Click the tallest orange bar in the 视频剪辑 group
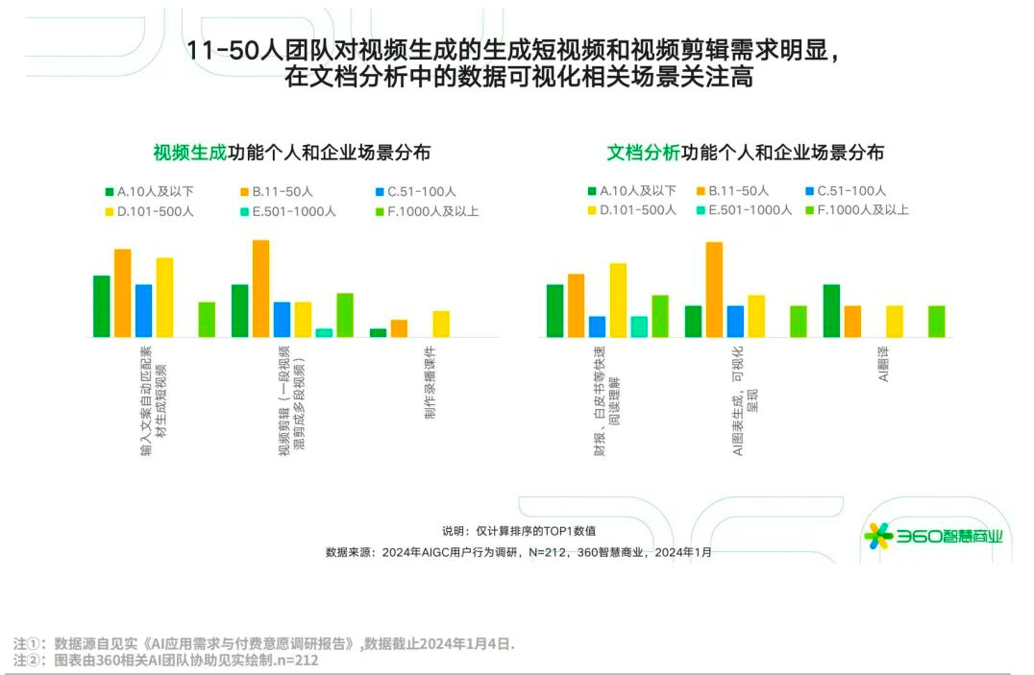click(260, 288)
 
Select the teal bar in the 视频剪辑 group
click(324, 332)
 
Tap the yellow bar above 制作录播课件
click(441, 324)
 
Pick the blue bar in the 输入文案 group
click(143, 310)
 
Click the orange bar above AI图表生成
click(714, 289)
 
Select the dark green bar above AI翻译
click(831, 310)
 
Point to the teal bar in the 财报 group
click(639, 326)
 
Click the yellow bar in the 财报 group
click(618, 300)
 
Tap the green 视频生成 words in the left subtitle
click(189, 153)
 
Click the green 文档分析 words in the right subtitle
click(643, 153)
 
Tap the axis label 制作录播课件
click(430, 382)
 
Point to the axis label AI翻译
click(883, 363)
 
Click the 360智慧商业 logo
click(933, 536)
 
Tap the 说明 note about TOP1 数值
click(525, 530)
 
